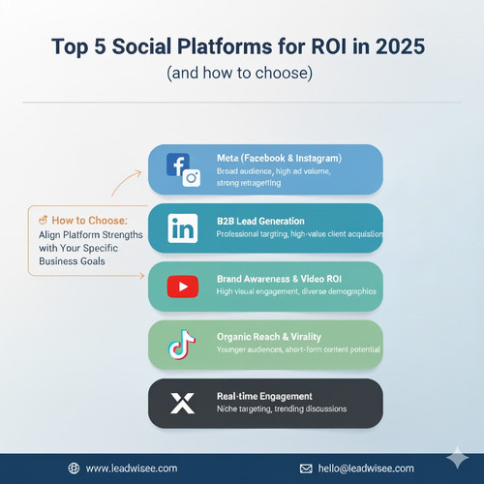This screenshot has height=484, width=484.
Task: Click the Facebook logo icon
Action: pyautogui.click(x=175, y=165)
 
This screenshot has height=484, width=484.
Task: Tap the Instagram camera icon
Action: pyautogui.click(x=192, y=177)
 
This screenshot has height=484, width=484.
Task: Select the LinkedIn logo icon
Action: pyautogui.click(x=182, y=228)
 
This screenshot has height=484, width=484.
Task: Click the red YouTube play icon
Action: pyautogui.click(x=182, y=287)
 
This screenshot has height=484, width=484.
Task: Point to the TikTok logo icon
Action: pyautogui.click(x=182, y=345)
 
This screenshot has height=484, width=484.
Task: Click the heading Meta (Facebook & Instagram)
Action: pyautogui.click(x=280, y=158)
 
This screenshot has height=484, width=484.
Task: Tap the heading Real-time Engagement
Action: pyautogui.click(x=264, y=396)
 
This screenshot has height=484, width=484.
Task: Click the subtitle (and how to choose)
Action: pyautogui.click(x=242, y=74)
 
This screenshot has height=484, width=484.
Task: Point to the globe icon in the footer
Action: pyautogui.click(x=75, y=468)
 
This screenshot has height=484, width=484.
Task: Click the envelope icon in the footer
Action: pyautogui.click(x=306, y=468)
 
